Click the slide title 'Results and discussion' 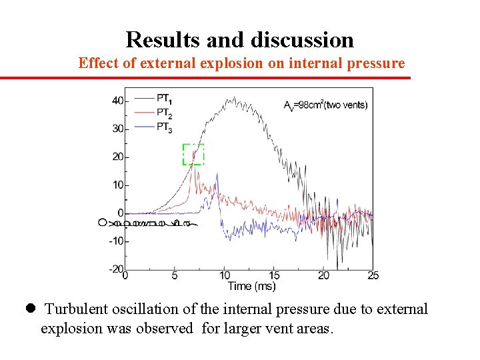click(x=239, y=40)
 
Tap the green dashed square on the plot click(x=193, y=154)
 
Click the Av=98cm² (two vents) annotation click(x=325, y=105)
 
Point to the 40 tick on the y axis click(x=117, y=101)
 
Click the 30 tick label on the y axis click(x=117, y=129)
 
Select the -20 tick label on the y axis click(x=115, y=269)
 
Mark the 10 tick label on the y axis click(x=117, y=185)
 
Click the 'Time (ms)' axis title click(x=251, y=287)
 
